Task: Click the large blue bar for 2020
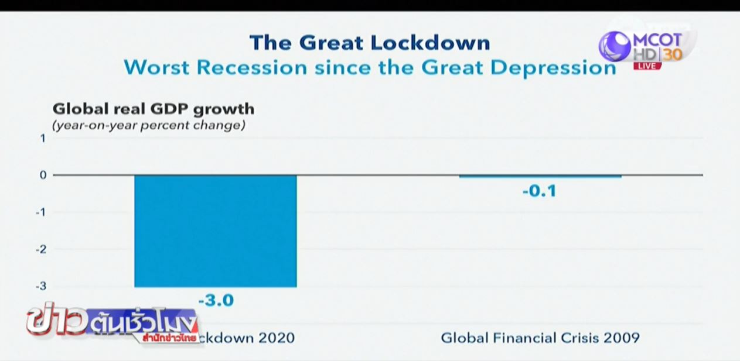(x=216, y=231)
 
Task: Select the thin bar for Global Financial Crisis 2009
(x=540, y=176)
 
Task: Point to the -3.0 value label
(x=216, y=301)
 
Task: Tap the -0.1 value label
(x=539, y=191)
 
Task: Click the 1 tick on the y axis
(x=42, y=139)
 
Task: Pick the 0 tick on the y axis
(x=42, y=175)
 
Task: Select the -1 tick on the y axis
(x=40, y=212)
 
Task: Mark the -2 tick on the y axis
(x=40, y=249)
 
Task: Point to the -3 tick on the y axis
(x=40, y=286)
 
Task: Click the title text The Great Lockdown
(x=370, y=43)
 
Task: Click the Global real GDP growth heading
(x=154, y=109)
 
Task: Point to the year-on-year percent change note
(x=149, y=125)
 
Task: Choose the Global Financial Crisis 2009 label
(x=540, y=338)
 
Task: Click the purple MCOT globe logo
(x=614, y=46)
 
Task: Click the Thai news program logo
(x=114, y=325)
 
